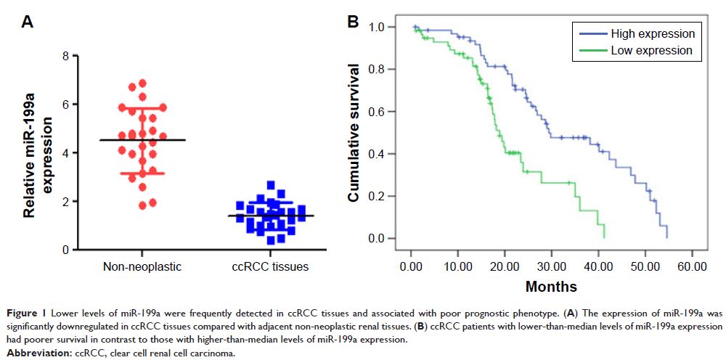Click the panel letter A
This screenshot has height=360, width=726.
tap(28, 22)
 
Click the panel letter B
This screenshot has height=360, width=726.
tap(353, 22)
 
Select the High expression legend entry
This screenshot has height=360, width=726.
tap(653, 34)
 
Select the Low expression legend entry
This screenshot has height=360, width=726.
tap(651, 51)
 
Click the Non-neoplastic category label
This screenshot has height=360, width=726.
tap(142, 267)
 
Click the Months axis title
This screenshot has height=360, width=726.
tap(551, 286)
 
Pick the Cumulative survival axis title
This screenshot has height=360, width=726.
tap(354, 133)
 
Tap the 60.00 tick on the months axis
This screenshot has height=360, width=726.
tap(691, 267)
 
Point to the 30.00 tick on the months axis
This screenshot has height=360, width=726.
tap(551, 267)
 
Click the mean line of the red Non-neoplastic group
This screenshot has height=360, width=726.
tap(142, 140)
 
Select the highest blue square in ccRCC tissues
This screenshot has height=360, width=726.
tap(271, 185)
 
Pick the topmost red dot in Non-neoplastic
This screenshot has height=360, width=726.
tap(142, 83)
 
